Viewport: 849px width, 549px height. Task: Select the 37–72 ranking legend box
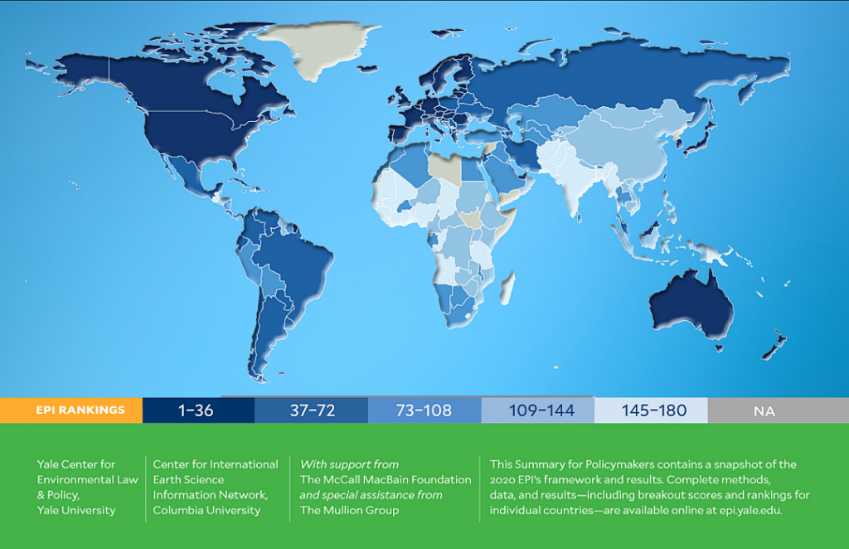pyautogui.click(x=312, y=411)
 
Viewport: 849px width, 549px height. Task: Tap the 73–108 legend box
pyautogui.click(x=424, y=411)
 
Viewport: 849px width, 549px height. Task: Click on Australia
pyautogui.click(x=691, y=304)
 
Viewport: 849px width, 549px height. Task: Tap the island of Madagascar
pyautogui.click(x=507, y=288)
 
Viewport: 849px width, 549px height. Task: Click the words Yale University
pyautogui.click(x=76, y=510)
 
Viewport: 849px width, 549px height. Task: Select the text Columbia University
pyautogui.click(x=206, y=510)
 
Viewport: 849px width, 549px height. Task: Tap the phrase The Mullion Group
pyautogui.click(x=349, y=510)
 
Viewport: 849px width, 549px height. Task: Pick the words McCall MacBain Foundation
pyautogui.click(x=397, y=479)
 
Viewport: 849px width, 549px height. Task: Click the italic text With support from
pyautogui.click(x=349, y=464)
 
